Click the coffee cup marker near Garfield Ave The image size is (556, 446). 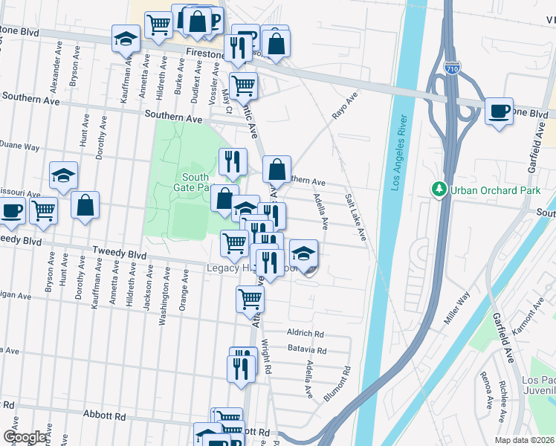point(499,111)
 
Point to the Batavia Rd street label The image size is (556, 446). point(306,350)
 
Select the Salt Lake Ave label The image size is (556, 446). point(355,217)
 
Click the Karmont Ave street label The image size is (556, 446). point(534,315)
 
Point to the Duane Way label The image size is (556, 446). point(19,147)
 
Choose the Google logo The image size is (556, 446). point(25,437)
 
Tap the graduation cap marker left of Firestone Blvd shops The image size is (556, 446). point(126,38)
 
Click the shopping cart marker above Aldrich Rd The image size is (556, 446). point(250,299)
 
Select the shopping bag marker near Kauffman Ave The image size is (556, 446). point(85,205)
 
